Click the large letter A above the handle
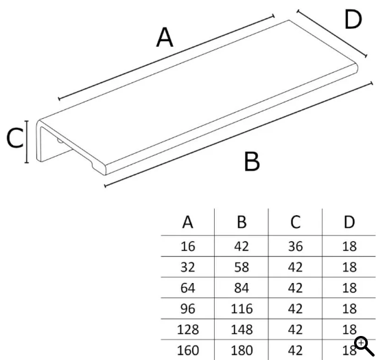[x=165, y=37]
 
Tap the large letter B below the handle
[x=252, y=161]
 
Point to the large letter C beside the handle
[x=15, y=138]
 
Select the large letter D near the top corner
[x=353, y=20]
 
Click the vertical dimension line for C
[x=27, y=142]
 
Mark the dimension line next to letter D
[x=332, y=34]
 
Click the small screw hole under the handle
[x=60, y=140]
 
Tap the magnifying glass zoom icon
[x=364, y=346]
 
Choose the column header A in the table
[x=187, y=222]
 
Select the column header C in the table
[x=295, y=222]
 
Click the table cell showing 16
[x=187, y=247]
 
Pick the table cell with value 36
[x=295, y=247]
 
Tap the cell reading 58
[x=242, y=267]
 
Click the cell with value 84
[x=242, y=288]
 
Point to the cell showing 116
[x=242, y=309]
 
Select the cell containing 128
[x=188, y=330]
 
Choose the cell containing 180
[x=242, y=350]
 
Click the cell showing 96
[x=187, y=309]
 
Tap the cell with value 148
[x=242, y=330]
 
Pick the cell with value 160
[x=188, y=350]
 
